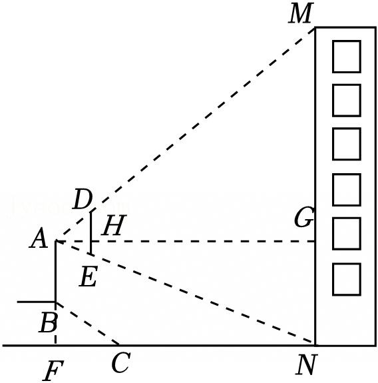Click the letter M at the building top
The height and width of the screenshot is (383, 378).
click(x=300, y=13)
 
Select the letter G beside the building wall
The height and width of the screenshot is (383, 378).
click(x=303, y=217)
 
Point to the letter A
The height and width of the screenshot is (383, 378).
click(x=39, y=238)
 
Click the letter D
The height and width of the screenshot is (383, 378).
click(x=83, y=199)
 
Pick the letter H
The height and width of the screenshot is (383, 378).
click(x=114, y=225)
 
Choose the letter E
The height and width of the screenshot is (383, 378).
click(x=89, y=276)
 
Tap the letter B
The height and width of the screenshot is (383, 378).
click(x=48, y=322)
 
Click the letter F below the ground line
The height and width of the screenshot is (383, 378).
click(x=53, y=370)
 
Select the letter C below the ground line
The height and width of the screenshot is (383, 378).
click(x=121, y=362)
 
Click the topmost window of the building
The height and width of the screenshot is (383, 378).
click(x=346, y=57)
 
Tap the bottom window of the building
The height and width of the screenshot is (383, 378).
click(x=346, y=280)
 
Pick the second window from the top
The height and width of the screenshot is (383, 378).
click(x=346, y=100)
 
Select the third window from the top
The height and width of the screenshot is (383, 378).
click(x=346, y=144)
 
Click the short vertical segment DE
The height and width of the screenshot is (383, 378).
click(x=91, y=233)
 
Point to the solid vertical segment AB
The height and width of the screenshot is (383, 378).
click(x=56, y=272)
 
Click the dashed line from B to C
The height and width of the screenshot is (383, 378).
click(x=88, y=324)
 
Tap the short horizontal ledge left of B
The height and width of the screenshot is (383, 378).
click(x=37, y=302)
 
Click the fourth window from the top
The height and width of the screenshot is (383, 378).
click(x=346, y=190)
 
